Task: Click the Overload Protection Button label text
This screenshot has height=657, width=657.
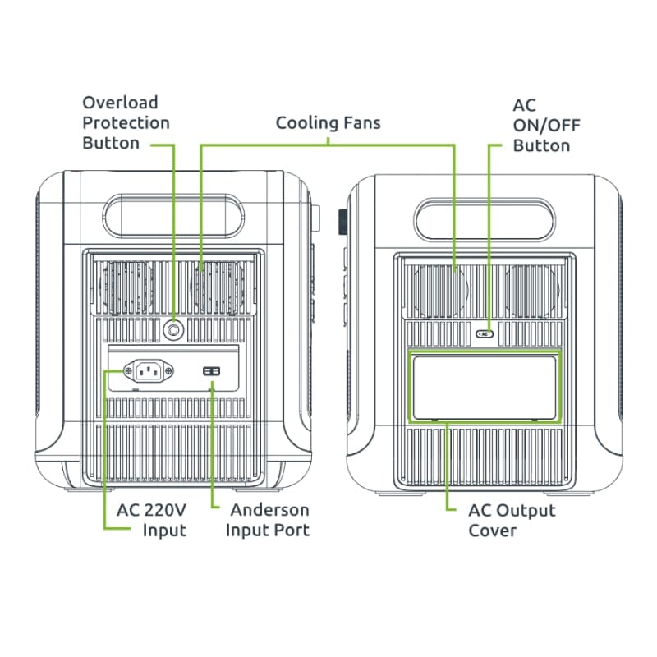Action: tap(126, 123)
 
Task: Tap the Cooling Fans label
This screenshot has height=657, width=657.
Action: tap(328, 123)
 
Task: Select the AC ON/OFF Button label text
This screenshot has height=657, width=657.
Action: tap(541, 126)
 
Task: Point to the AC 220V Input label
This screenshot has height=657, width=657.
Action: tap(151, 520)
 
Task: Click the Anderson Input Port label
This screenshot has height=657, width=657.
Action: tap(269, 520)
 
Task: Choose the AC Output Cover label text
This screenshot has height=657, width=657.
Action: tap(512, 520)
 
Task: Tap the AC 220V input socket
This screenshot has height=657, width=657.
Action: tap(148, 372)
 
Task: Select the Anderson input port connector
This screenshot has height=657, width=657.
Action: tap(212, 372)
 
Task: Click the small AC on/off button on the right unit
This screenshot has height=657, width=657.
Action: tap(485, 333)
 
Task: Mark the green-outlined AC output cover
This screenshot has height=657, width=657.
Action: tap(485, 386)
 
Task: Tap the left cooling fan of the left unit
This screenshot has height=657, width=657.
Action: tap(124, 287)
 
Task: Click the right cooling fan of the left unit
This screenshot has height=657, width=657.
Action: tap(218, 287)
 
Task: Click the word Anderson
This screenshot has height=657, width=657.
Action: tap(270, 510)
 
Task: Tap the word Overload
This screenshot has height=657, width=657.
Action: tap(120, 103)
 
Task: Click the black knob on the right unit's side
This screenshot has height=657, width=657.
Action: tap(342, 222)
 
